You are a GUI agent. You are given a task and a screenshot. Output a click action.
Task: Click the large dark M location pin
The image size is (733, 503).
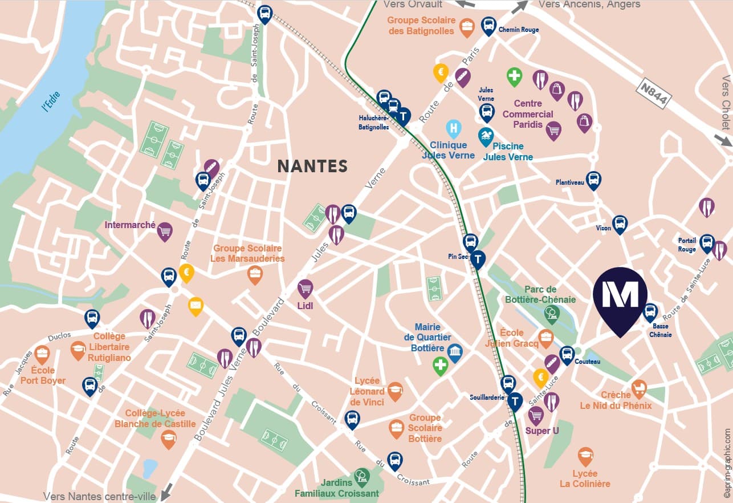(620, 295)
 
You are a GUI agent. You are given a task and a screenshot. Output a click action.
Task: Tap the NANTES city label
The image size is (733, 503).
(312, 166)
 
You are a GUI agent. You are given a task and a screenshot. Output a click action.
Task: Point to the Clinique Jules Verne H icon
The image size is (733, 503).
(453, 128)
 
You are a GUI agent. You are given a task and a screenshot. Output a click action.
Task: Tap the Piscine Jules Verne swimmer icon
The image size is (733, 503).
(486, 136)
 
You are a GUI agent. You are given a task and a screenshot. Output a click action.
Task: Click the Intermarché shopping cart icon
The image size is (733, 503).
(165, 230)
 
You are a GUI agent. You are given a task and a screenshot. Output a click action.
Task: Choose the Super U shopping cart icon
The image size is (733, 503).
(536, 415)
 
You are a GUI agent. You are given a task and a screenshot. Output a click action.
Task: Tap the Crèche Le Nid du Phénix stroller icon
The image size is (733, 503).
(639, 388)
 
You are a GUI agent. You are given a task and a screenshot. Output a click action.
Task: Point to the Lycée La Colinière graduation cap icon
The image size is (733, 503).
(585, 456)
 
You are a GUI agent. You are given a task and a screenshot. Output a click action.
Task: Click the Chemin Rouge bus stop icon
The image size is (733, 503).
(488, 25)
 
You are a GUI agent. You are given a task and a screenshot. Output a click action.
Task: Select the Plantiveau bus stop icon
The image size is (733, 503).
(593, 180)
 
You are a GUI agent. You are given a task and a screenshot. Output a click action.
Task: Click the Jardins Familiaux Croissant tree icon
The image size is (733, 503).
(361, 475)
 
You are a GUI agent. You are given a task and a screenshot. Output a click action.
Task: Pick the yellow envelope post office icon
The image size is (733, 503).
(196, 306)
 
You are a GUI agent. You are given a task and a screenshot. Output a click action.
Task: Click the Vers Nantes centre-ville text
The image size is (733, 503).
(99, 496)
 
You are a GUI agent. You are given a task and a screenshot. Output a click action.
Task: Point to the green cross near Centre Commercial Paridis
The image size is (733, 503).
(514, 75)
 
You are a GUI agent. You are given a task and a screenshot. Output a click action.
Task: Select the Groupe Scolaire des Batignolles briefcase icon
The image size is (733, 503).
(467, 27)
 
